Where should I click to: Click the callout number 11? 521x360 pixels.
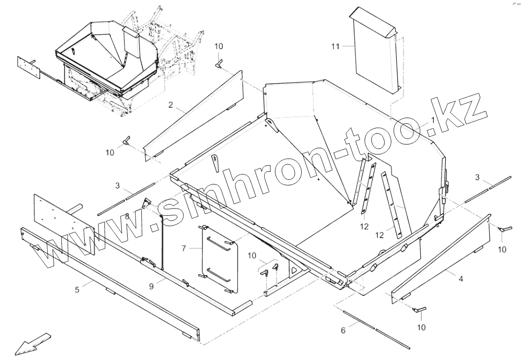point(335,46)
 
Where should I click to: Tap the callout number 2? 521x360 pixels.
point(171,105)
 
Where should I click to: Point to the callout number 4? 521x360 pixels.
point(461,279)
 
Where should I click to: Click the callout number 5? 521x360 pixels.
point(77,290)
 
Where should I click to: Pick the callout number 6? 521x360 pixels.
point(343,330)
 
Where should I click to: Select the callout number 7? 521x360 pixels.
point(184,248)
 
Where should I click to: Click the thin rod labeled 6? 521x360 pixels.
point(375,328)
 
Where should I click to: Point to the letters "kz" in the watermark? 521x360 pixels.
point(461,110)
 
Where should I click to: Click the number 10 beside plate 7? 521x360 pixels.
point(251,255)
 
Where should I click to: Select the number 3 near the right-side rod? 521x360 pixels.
point(478,176)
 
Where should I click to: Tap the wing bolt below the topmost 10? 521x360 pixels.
point(220,62)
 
